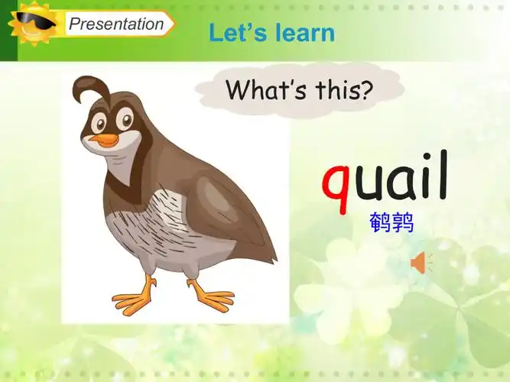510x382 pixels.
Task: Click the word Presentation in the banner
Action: pyautogui.click(x=116, y=24)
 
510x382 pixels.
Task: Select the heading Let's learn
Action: pyautogui.click(x=271, y=33)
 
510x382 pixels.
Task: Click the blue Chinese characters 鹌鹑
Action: pyautogui.click(x=391, y=223)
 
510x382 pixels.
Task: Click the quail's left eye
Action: pyautogui.click(x=98, y=122)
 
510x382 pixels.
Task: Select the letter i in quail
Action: pyautogui.click(x=425, y=176)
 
